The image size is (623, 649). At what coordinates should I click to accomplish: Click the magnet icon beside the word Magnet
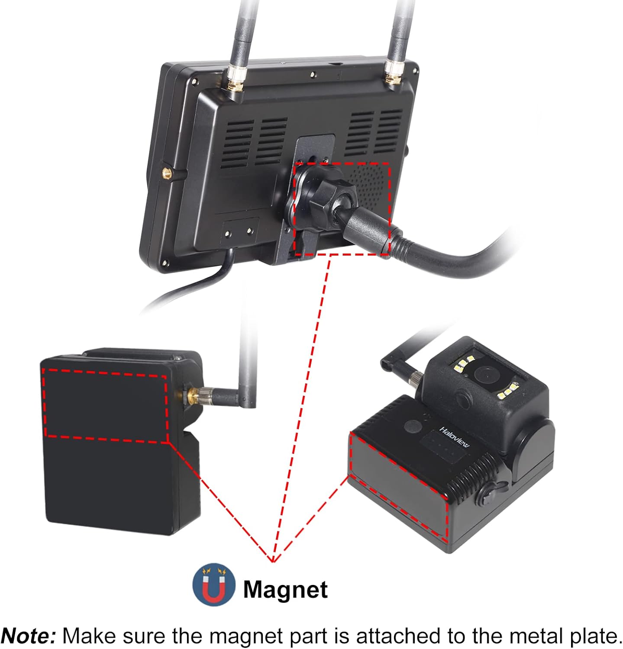coord(214,585)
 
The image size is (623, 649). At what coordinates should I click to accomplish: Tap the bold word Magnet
coord(285,589)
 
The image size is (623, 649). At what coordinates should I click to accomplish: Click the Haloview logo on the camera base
coord(455,437)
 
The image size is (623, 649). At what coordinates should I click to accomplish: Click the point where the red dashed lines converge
coord(272,561)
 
